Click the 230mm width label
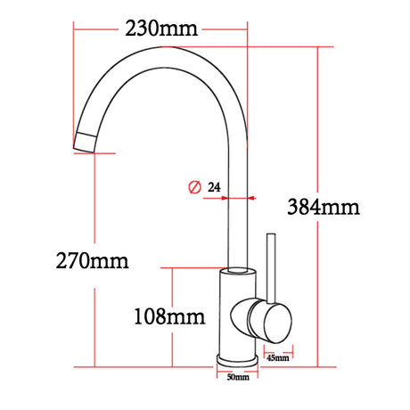point(160,29)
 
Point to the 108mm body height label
point(168,316)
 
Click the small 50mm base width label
point(237,378)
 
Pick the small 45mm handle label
point(277,358)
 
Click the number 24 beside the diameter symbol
point(214,187)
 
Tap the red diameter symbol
point(193,187)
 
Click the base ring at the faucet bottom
point(237,359)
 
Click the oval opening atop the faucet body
point(237,268)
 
